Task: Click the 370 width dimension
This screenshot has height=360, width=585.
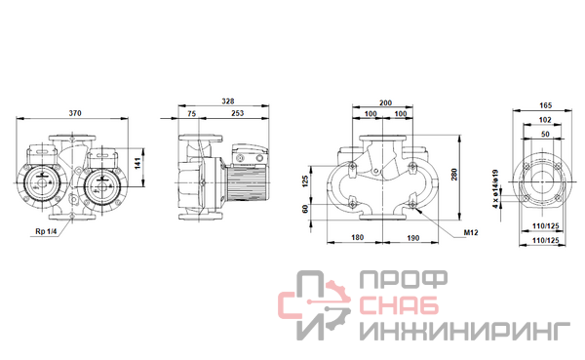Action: pos(75,113)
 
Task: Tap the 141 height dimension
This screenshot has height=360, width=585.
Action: pos(137,163)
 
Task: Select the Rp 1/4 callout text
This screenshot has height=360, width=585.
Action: pos(46,231)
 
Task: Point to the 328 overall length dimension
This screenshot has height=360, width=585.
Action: pos(228,101)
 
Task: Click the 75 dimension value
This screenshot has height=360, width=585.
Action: pos(191,113)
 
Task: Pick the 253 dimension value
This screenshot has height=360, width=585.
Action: pos(237,113)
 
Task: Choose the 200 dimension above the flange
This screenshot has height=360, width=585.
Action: pos(385,102)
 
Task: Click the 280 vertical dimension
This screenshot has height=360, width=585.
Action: pos(454,175)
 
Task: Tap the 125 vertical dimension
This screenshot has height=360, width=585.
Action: pos(305,181)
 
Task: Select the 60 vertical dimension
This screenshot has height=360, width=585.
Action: pos(305,209)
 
